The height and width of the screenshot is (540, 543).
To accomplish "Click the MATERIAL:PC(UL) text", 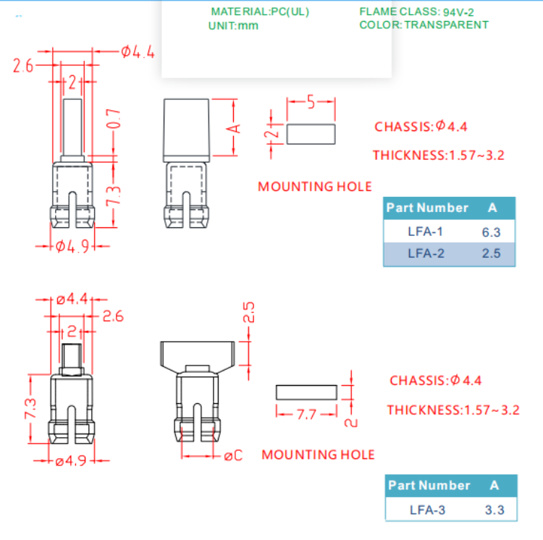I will pyautogui.click(x=256, y=12).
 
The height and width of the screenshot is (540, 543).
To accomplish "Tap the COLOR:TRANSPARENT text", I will pyautogui.click(x=424, y=25).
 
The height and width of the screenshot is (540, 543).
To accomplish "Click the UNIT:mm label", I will pyautogui.click(x=233, y=25).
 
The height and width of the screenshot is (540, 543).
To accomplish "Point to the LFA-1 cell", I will pyautogui.click(x=425, y=232).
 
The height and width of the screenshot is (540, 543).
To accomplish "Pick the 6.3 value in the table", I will pyautogui.click(x=491, y=232).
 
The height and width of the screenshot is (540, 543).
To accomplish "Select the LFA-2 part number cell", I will pyautogui.click(x=425, y=253).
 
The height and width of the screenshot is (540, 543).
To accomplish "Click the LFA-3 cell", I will pyautogui.click(x=427, y=510).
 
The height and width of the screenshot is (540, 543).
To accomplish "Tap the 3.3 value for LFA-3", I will pyautogui.click(x=494, y=510).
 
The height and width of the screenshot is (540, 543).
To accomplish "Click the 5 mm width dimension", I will pyautogui.click(x=311, y=103).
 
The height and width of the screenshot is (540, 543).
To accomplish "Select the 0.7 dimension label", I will pyautogui.click(x=112, y=120).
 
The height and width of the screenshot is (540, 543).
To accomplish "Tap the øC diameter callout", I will pyautogui.click(x=233, y=455).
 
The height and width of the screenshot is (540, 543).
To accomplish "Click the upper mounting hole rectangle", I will pyautogui.click(x=311, y=133).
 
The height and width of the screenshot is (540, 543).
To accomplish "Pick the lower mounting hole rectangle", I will pyautogui.click(x=306, y=392).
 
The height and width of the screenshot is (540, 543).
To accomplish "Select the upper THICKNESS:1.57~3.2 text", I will pyautogui.click(x=438, y=155).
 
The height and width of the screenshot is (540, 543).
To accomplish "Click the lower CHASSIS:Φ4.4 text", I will pyautogui.click(x=435, y=380).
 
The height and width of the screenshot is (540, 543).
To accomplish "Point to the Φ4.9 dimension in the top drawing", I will pyautogui.click(x=72, y=245).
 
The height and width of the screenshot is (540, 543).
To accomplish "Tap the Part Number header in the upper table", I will pyautogui.click(x=427, y=208).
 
